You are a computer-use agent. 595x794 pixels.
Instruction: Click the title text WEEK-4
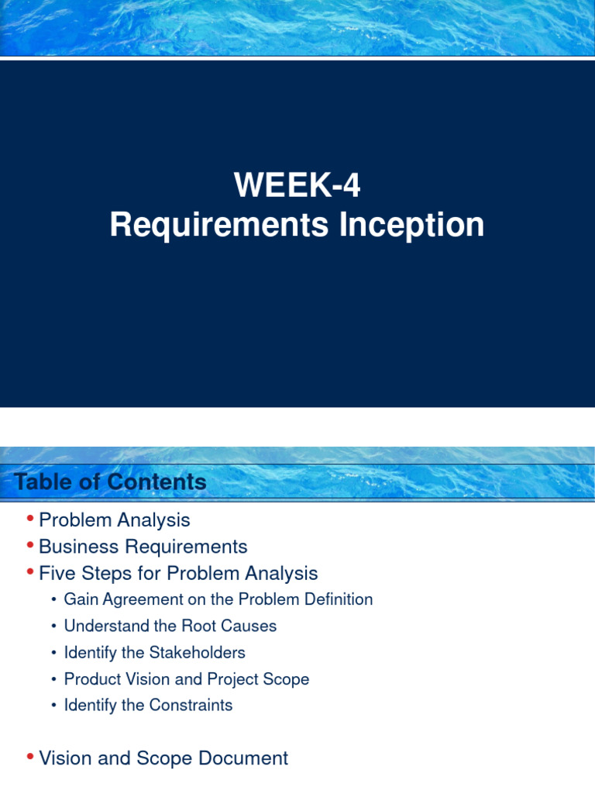tap(297, 186)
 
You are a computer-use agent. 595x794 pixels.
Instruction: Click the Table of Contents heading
tap(110, 482)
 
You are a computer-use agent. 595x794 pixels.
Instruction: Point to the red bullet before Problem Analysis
tap(29, 518)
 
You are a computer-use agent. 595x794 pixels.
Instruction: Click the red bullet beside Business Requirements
tap(29, 545)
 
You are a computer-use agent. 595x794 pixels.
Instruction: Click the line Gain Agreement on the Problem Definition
tap(218, 599)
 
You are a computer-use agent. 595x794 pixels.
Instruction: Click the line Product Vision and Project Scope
tap(186, 679)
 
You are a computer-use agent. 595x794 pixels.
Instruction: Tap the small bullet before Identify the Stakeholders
tap(53, 653)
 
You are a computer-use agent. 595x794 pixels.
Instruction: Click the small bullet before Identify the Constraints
tap(53, 706)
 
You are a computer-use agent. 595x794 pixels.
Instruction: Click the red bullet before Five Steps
tap(29, 572)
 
